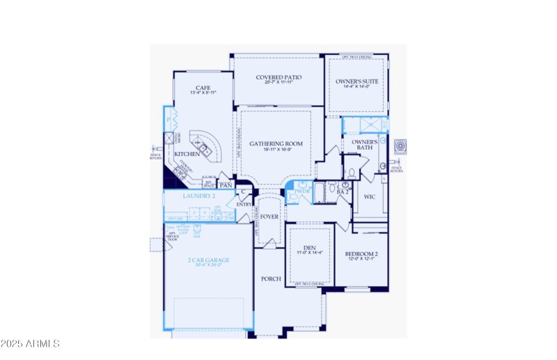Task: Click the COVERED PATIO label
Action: point(278,77)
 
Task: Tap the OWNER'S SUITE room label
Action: point(357,81)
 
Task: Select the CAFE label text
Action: point(203,88)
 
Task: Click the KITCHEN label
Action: point(187,154)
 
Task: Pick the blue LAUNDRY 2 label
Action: point(198,196)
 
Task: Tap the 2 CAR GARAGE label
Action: point(209,260)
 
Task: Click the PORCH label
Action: point(271,279)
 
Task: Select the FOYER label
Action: point(269,217)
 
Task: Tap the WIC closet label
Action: point(370,197)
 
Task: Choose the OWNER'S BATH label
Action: point(365,146)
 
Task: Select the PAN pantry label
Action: point(225,185)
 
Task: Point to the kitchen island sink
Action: point(203,147)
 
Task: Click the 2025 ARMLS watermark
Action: point(31,343)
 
